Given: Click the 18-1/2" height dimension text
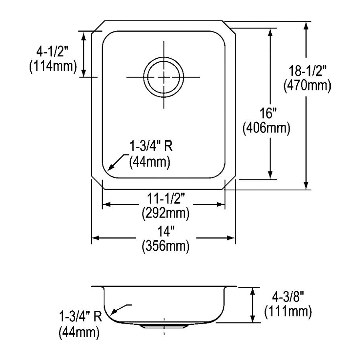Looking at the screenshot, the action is point(308,71).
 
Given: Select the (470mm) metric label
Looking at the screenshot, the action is point(308,86).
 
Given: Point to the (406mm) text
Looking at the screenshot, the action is point(266,128).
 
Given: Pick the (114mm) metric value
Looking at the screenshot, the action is point(53,66).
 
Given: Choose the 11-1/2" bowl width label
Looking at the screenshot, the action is point(166,198).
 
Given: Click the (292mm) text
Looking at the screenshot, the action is point(166,214).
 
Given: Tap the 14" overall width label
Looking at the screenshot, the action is point(166,232).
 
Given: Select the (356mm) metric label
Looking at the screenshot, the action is point(166,246).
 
